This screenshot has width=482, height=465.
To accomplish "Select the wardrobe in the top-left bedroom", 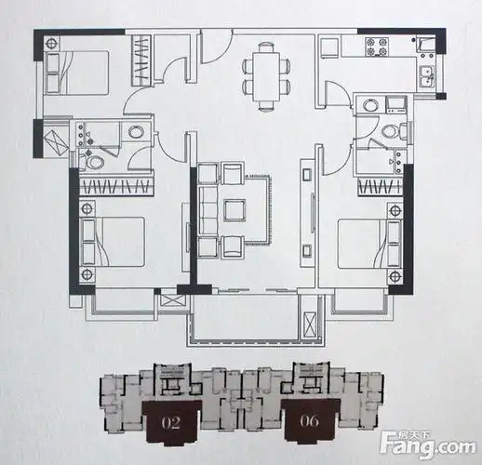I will pos(141,59).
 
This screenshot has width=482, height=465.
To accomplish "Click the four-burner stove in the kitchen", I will pos(381,44).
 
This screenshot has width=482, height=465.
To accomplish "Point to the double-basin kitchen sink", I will pos(427,79).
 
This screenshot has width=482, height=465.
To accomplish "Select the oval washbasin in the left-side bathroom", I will pos(138,132).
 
